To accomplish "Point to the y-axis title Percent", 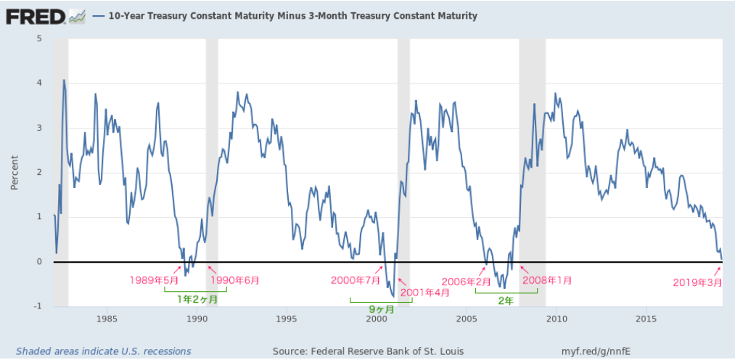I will pos(15,172).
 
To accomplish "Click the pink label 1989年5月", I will pos(154,280).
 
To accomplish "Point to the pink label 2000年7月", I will pos(355,280).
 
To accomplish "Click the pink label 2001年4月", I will pos(425,292).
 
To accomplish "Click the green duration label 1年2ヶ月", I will pos(197,298).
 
